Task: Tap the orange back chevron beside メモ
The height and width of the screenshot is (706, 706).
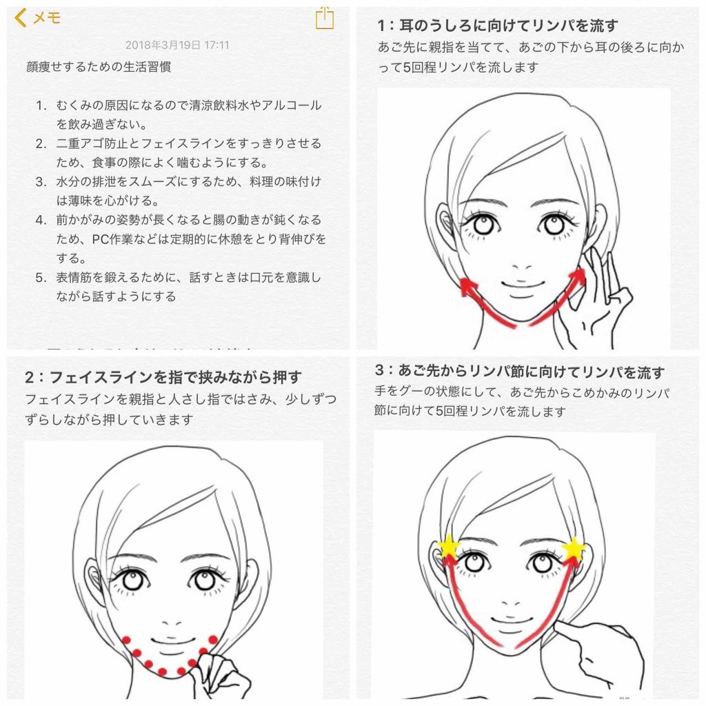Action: pos(20,18)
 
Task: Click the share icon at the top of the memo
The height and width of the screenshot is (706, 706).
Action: pos(324,19)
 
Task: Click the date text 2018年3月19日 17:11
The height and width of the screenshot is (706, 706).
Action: pos(177,45)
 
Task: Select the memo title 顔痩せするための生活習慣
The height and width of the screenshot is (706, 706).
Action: pos(99,67)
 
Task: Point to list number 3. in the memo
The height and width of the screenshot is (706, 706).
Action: pos(41,181)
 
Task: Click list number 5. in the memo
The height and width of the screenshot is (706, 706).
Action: pos(41,277)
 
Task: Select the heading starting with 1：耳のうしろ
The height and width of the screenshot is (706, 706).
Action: pos(498,26)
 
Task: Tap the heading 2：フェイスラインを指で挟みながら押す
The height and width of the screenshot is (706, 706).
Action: pos(163,377)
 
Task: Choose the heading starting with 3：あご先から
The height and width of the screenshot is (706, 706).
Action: pos(520,372)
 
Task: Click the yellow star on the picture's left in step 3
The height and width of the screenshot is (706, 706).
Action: pos(449,547)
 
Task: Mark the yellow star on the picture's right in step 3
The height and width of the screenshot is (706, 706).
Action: pos(574,549)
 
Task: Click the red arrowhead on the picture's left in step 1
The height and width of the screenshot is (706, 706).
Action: pos(468,287)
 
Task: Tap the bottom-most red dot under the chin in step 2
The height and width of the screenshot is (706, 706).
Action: pos(163,672)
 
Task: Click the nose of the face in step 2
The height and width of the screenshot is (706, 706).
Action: pos(172,623)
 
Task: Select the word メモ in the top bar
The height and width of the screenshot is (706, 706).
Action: pos(47,18)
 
